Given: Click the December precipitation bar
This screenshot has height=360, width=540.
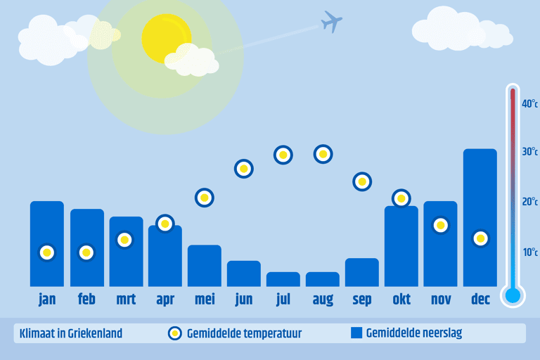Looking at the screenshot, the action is coord(480,217).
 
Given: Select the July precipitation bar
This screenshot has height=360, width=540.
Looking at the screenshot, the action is coord(283,279).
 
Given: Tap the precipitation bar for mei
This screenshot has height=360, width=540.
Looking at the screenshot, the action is coord(205,266).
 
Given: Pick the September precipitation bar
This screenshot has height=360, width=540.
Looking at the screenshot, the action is coord(362,272).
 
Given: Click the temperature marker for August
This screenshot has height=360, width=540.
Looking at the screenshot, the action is coord(323,154).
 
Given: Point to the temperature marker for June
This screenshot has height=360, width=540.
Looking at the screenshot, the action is coord(244,169).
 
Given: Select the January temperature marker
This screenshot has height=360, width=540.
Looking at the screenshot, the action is coord(47,252).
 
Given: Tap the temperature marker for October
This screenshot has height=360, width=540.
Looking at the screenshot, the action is coord(401,198).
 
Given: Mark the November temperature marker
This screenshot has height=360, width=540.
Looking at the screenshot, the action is coord(440,225).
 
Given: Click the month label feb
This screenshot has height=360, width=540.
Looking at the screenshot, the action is coord(86,299).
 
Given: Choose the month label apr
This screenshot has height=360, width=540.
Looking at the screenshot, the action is coord(165,300).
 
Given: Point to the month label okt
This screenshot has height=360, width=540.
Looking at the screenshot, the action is coord(401,299).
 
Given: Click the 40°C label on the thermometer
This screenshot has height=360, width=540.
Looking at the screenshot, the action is coord(529,103).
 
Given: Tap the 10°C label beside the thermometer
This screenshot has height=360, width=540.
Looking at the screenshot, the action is coord(530,252).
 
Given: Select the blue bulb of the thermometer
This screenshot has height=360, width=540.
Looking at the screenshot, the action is coord(513,295).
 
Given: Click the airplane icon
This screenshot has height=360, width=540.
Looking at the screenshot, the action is coord(331,22).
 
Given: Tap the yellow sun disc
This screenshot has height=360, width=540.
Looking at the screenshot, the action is coord(167,39).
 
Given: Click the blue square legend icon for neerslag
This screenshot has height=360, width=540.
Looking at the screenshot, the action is coord(356,333).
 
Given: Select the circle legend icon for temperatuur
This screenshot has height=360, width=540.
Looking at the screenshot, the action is coord(175,333).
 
